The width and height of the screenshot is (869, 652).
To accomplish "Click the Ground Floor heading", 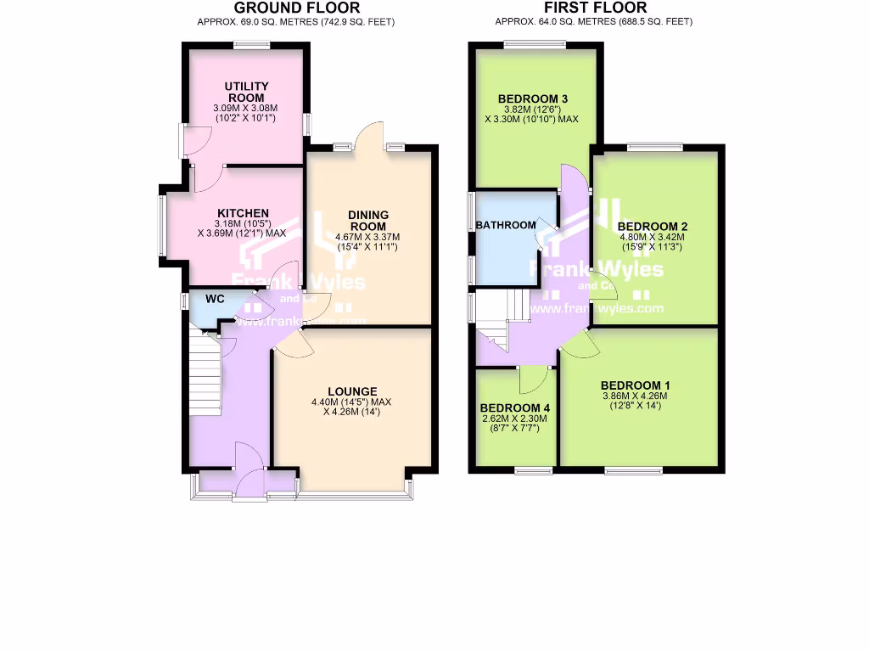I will point(296,8).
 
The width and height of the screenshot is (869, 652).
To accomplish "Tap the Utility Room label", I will point(246,92).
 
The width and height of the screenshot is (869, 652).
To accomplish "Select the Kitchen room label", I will point(243,213).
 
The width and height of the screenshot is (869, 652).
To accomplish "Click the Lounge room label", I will point(352,391).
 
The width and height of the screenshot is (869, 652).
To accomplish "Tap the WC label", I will point(215,299).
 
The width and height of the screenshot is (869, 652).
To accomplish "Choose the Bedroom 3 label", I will point(531,98).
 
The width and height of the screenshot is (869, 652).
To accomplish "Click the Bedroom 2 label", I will point(652,226).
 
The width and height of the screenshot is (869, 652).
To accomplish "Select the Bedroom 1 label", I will point(635,384).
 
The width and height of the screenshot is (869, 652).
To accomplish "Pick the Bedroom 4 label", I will point(514,407).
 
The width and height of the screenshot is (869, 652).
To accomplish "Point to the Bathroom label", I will point(506,225).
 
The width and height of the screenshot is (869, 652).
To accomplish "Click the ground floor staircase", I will point(205,374).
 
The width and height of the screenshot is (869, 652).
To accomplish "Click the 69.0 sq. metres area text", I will point(296,21).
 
